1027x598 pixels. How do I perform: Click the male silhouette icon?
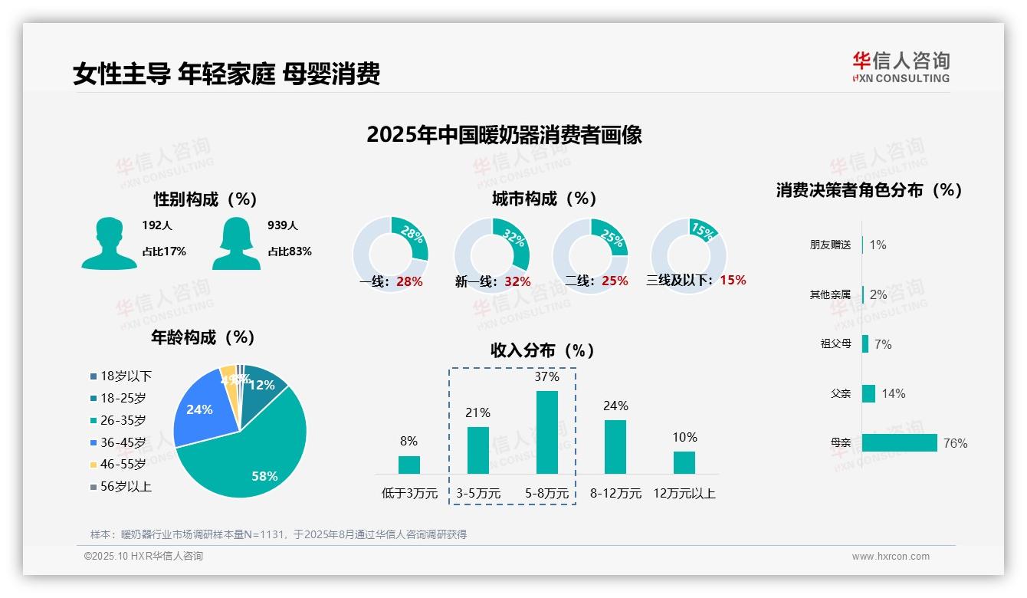(x=109, y=244)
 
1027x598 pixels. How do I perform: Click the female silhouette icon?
(x=236, y=244)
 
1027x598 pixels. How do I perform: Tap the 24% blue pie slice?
(x=199, y=409)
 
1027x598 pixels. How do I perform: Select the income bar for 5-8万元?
(x=547, y=432)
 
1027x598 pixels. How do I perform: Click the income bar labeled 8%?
(x=409, y=465)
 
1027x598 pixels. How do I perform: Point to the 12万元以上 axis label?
(x=684, y=494)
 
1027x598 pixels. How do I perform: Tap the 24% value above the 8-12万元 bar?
(x=615, y=406)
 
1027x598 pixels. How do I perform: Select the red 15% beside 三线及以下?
(x=733, y=281)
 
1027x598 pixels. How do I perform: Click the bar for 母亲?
(x=900, y=443)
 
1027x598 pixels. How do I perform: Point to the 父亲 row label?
(x=841, y=393)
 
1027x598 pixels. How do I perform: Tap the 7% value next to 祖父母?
(x=883, y=344)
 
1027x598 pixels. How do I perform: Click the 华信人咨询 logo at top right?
(x=901, y=67)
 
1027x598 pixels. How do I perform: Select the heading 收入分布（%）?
(x=543, y=350)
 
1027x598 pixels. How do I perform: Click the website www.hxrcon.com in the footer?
(x=891, y=557)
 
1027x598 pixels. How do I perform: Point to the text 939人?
(x=283, y=225)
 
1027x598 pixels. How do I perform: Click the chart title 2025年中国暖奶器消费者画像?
(x=504, y=135)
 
